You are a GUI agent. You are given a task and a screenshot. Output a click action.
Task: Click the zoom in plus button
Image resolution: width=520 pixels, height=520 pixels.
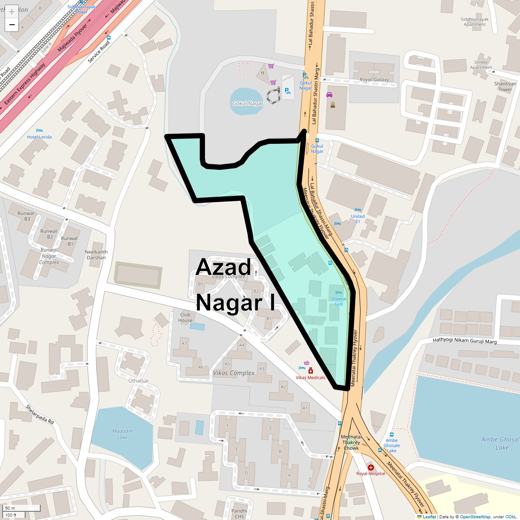coord(12,12)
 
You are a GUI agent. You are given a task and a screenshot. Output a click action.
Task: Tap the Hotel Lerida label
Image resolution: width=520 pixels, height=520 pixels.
coord(39,137)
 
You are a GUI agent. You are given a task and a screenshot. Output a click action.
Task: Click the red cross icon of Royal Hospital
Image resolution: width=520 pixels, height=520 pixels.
coord(370,468)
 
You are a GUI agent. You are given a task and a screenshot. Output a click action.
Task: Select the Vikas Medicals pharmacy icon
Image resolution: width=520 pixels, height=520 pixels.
coord(310,371)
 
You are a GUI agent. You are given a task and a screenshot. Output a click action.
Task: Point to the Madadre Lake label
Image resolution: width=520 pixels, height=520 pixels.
coord(123,434)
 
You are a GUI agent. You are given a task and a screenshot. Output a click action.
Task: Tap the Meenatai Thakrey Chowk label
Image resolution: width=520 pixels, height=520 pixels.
coord(351,442)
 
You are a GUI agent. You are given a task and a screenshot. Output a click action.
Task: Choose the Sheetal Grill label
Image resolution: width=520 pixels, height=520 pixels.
coord(338,301)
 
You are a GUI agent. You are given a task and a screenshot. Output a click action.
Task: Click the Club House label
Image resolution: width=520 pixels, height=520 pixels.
coord(185,318)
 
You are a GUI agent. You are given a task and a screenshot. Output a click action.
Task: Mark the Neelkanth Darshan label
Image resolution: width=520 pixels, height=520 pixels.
coord(96,255)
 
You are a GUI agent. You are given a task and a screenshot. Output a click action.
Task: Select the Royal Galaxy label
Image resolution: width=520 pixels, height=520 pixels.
coord(374,80)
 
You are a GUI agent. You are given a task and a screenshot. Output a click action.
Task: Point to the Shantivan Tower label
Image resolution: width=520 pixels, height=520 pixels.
coord(505,87)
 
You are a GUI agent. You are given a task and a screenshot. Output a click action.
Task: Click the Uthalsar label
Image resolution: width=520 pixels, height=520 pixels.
coord(139,381)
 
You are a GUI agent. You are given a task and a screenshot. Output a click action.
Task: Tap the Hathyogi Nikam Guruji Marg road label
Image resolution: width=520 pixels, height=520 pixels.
coord(465,341)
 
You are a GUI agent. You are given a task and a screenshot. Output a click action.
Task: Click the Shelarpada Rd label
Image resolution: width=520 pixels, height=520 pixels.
coord(39,415)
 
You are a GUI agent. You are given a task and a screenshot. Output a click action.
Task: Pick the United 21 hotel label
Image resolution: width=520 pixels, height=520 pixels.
coord(358,219)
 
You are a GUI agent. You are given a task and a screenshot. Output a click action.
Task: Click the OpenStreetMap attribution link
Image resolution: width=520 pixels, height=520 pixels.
coord(475,517)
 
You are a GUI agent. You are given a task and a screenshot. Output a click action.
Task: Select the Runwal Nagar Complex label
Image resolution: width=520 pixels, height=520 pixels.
coord(49,256)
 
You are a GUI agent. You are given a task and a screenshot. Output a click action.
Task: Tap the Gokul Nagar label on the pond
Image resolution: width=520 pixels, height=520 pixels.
coord(248,104)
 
